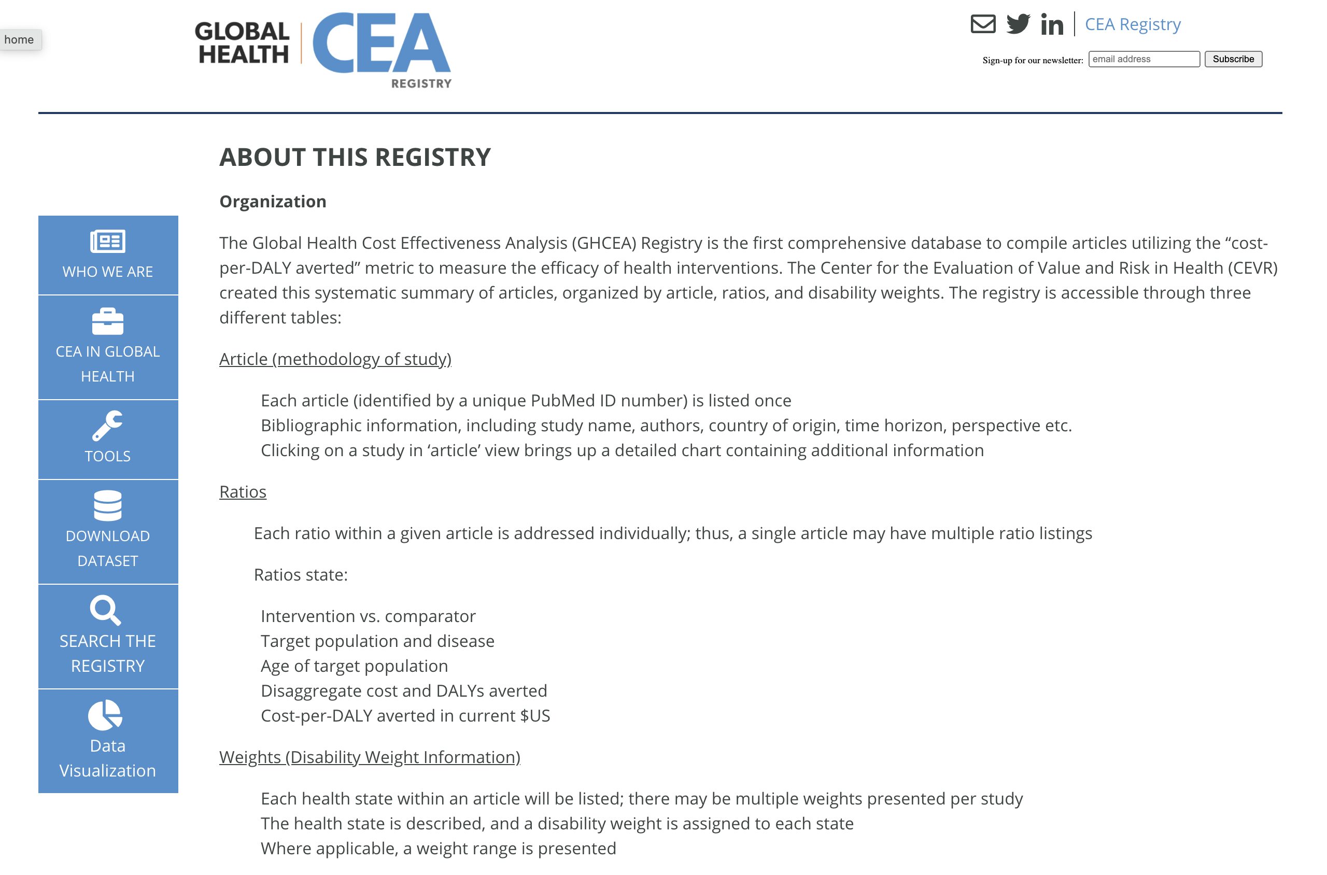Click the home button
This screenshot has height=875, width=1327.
pyautogui.click(x=20, y=39)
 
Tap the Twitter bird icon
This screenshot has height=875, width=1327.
pyautogui.click(x=1018, y=24)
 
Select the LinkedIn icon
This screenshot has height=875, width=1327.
pyautogui.click(x=1051, y=24)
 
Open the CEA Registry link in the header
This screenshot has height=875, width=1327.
pyautogui.click(x=1132, y=24)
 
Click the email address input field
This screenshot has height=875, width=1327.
pyautogui.click(x=1144, y=59)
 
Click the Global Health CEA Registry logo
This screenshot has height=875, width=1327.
pyautogui.click(x=323, y=50)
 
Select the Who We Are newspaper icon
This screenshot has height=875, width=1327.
pyautogui.click(x=108, y=241)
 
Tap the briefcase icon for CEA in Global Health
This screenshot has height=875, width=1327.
pyautogui.click(x=108, y=321)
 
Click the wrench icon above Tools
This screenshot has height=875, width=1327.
pyautogui.click(x=108, y=426)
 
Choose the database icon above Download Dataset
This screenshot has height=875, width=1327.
pyautogui.click(x=108, y=505)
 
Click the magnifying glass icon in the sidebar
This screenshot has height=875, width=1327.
pyautogui.click(x=105, y=610)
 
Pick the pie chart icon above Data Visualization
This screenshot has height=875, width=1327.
pyautogui.click(x=105, y=715)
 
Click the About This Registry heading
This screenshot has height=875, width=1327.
pyautogui.click(x=355, y=158)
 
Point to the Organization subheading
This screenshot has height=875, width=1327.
pyautogui.click(x=273, y=202)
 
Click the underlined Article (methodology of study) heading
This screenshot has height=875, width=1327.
pyautogui.click(x=335, y=359)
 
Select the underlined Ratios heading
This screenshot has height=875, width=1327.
pyautogui.click(x=243, y=491)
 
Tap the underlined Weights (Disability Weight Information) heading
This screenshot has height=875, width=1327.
pyautogui.click(x=370, y=757)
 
